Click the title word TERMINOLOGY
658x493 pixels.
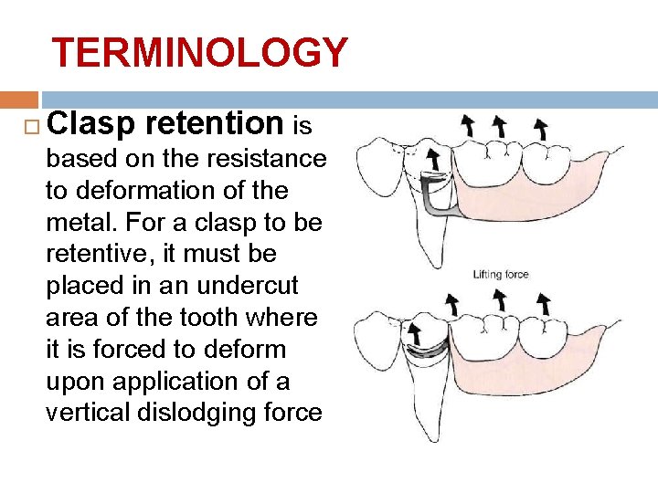[x=199, y=53]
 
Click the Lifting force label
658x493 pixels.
[x=500, y=275]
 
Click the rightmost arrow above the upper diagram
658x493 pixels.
[x=541, y=128]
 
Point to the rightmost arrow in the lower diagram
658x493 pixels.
[x=543, y=303]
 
